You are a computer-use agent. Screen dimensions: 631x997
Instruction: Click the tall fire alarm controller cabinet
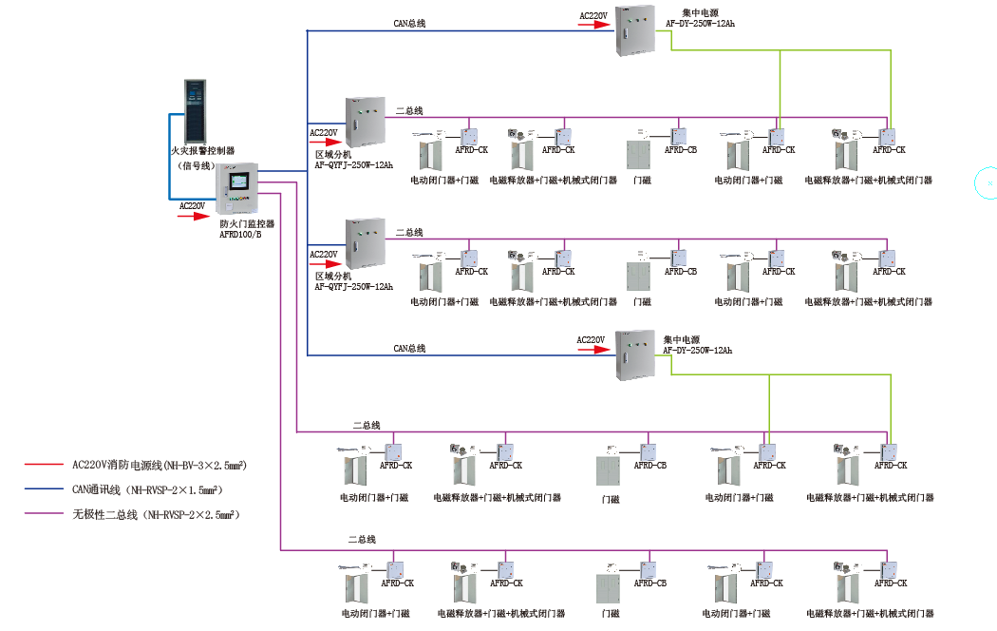point(200,110)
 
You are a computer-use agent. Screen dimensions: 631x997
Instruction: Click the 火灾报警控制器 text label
point(202,151)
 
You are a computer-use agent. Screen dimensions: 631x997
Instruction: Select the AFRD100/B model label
point(240,234)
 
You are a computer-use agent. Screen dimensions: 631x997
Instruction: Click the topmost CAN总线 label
point(410,23)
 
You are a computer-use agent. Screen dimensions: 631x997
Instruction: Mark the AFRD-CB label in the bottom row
point(649,583)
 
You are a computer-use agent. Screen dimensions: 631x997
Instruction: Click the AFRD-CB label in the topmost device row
point(681,150)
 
